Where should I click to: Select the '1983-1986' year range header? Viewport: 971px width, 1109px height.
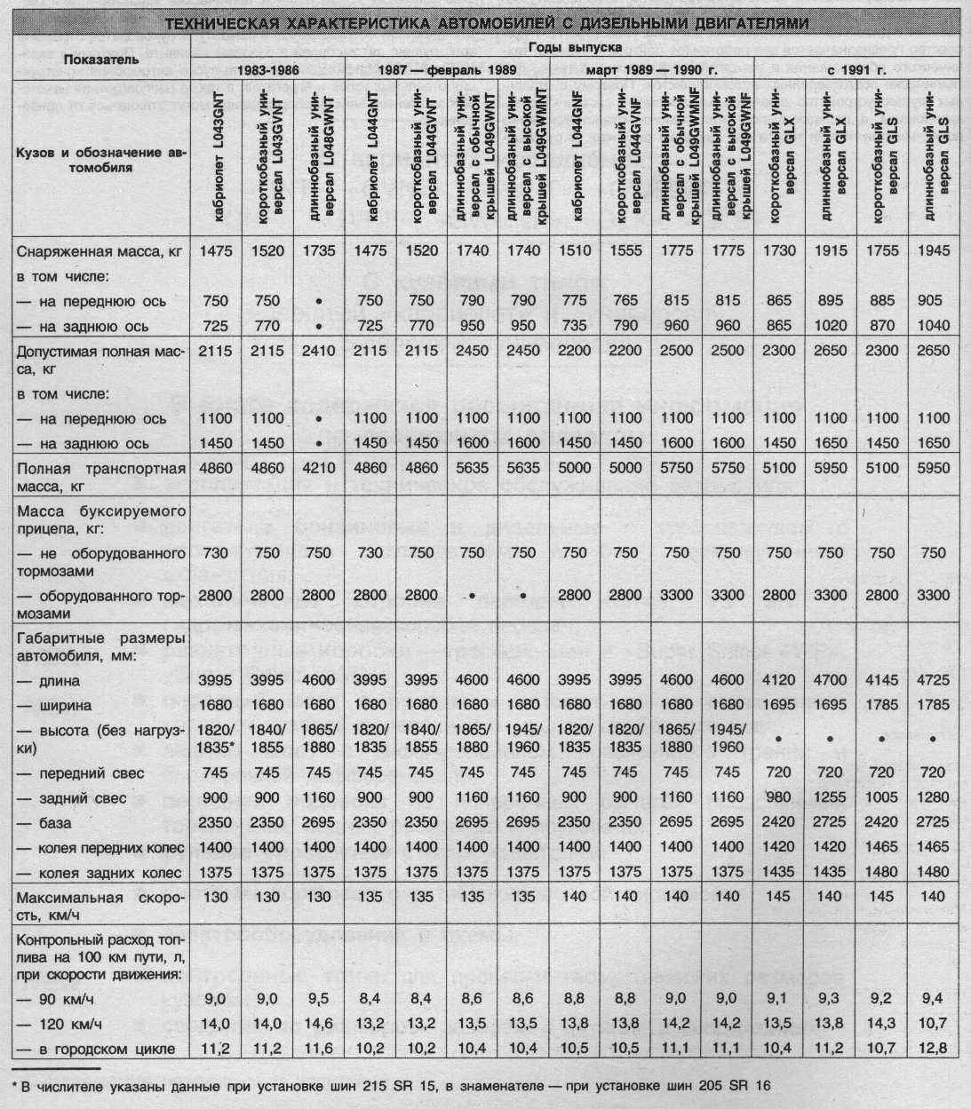(267, 69)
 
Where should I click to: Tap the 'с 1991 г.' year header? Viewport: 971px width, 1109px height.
(857, 69)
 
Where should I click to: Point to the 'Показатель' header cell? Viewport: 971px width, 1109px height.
(99, 59)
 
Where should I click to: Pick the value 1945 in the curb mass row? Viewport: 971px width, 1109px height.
(933, 251)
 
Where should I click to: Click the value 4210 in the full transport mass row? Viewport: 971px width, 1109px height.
(319, 468)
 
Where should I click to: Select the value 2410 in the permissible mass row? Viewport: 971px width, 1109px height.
(319, 351)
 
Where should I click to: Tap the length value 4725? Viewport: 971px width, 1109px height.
(933, 681)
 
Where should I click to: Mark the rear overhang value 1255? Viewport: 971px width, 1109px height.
(830, 798)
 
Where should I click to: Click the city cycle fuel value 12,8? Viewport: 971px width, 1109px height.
(933, 1049)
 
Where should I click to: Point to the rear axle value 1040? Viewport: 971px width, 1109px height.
(933, 326)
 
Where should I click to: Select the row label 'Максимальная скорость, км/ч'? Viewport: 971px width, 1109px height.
(99, 905)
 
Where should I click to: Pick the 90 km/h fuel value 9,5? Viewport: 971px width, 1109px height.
(319, 999)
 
